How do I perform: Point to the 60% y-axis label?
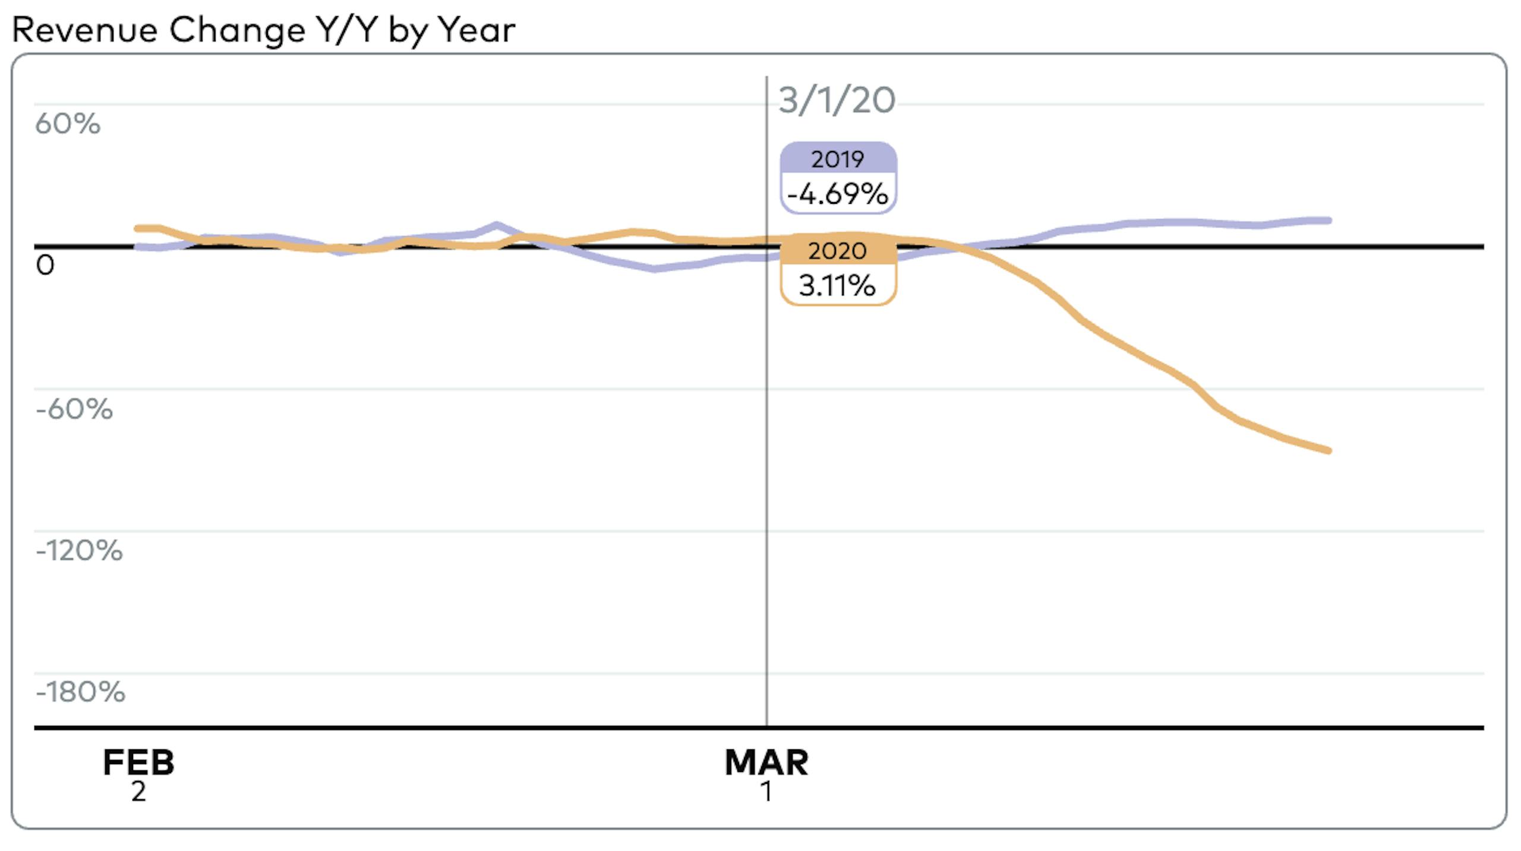(68, 124)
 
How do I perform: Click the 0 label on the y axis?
(45, 265)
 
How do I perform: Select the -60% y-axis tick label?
(74, 409)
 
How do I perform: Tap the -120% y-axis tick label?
(79, 550)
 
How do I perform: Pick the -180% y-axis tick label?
(80, 692)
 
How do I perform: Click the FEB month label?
(138, 762)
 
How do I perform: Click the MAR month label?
(766, 762)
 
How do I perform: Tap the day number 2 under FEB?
(138, 792)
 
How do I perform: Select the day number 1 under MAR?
(766, 792)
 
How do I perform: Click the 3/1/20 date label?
(837, 100)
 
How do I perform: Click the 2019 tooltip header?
(838, 159)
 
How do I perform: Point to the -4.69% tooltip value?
(838, 194)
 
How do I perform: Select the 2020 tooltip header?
(838, 251)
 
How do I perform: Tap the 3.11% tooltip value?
(838, 286)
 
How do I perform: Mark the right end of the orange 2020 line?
(1328, 450)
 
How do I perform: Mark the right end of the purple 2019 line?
(1328, 220)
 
